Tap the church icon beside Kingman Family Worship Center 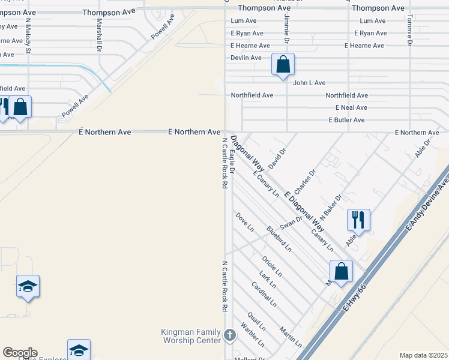point(230,335)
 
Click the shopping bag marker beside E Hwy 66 point(341,271)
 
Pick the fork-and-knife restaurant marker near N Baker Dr point(358,220)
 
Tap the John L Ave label point(309,83)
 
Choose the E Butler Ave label point(346,120)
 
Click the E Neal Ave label point(351,107)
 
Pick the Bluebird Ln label point(279,238)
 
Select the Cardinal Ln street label point(264,294)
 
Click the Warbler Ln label point(252,335)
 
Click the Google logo point(20,353)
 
